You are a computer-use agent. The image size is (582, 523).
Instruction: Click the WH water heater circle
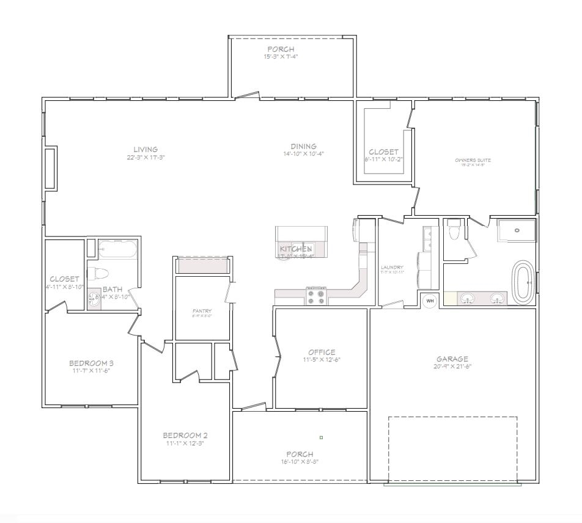429,300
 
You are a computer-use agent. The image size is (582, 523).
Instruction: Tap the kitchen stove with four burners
317,296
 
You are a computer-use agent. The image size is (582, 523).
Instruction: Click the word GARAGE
452,359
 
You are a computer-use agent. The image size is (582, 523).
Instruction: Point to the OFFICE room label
322,352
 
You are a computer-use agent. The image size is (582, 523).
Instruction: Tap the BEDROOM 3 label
91,363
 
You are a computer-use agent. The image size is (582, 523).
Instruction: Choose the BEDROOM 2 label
185,435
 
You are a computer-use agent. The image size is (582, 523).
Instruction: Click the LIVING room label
146,149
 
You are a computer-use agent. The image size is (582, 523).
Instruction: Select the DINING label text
303,147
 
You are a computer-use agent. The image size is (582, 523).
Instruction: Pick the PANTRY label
202,311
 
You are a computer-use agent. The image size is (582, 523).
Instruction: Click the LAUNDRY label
391,267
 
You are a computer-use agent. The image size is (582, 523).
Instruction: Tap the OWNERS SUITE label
473,160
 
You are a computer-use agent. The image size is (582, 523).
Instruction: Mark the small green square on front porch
321,437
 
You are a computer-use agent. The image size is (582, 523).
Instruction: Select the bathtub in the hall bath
118,249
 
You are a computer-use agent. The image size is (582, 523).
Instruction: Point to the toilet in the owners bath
454,232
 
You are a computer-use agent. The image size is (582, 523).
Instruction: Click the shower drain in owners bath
517,230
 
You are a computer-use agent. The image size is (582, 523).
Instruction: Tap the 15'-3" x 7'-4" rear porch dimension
281,56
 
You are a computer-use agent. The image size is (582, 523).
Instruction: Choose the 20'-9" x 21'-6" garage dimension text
452,367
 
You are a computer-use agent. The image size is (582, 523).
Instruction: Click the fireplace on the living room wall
51,167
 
